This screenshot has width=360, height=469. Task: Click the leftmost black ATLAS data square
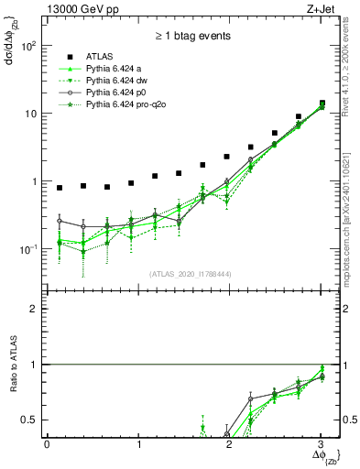click(60, 188)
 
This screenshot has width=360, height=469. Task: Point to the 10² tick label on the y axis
click(28, 46)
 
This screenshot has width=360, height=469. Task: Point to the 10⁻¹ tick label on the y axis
click(28, 249)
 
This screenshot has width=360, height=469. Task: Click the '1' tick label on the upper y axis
click(35, 181)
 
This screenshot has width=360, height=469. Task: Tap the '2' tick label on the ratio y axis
click(36, 309)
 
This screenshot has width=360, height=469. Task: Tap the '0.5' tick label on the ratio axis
click(30, 420)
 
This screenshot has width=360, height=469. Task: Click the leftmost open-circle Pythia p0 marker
click(60, 221)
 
